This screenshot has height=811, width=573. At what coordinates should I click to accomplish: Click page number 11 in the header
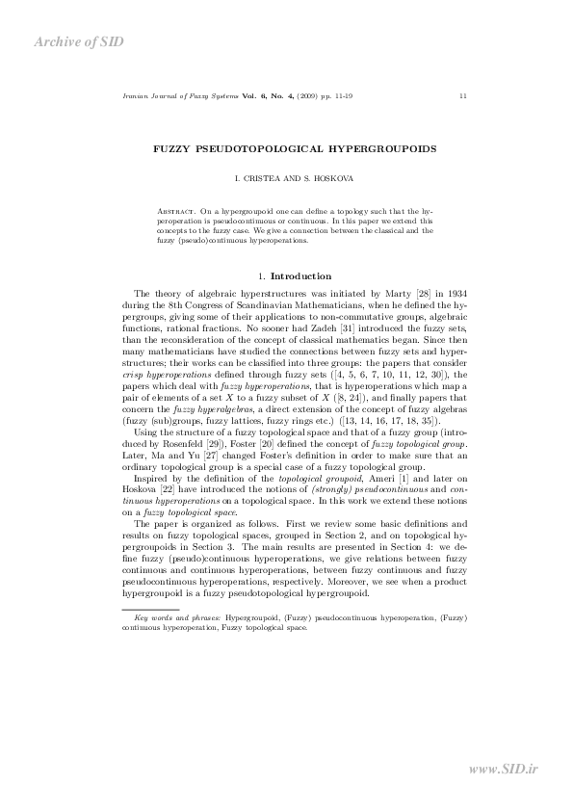[x=464, y=96]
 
